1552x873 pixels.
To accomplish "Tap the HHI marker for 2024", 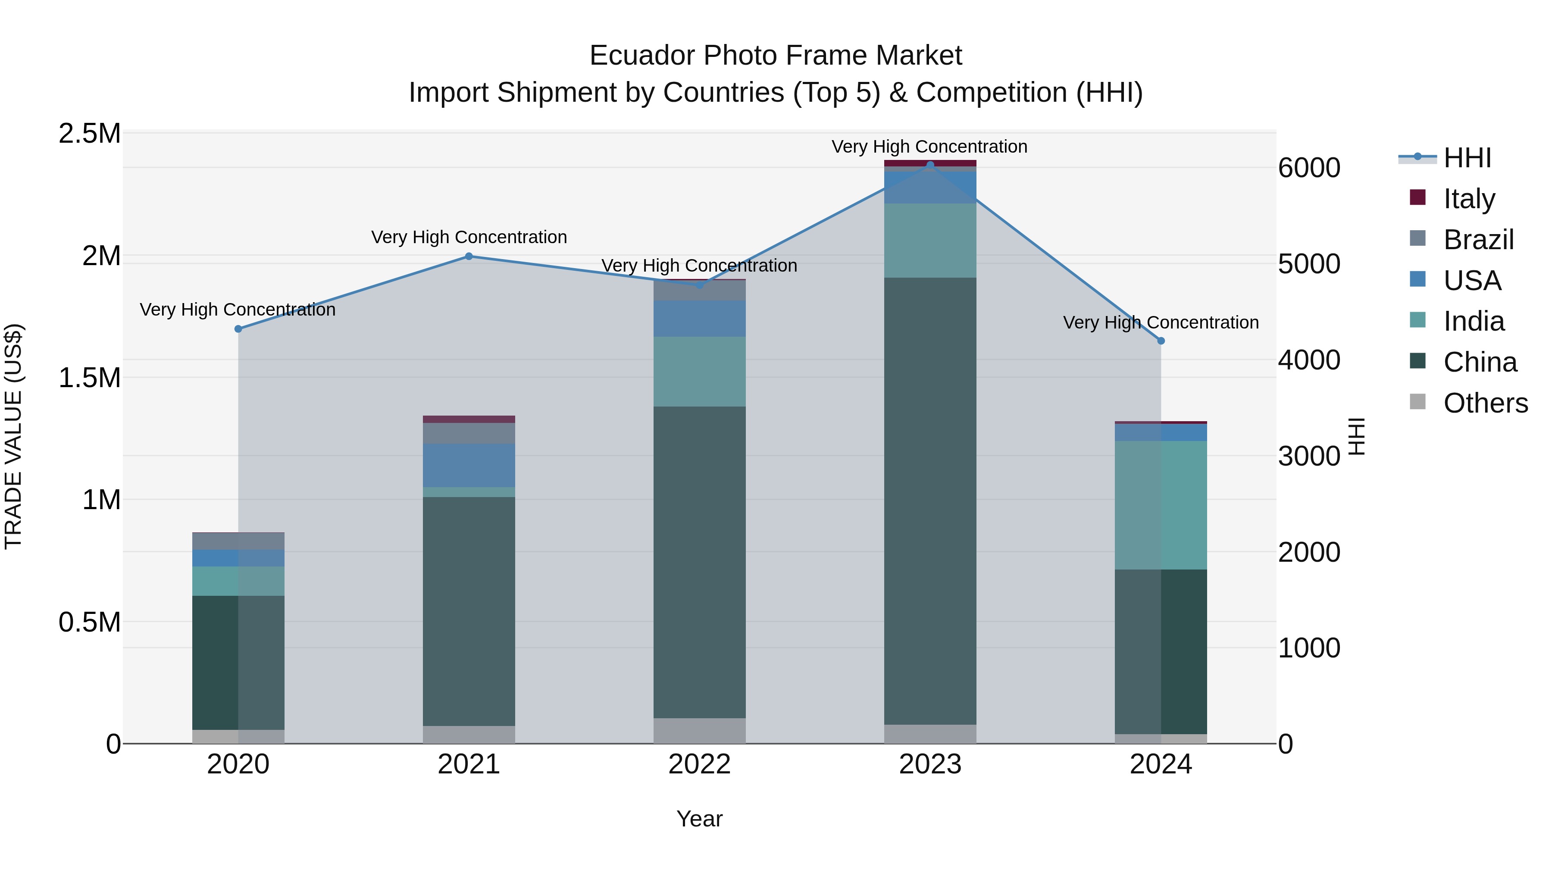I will tap(1161, 341).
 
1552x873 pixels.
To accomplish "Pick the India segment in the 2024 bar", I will tap(1161, 505).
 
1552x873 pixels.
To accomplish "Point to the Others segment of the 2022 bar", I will tap(700, 730).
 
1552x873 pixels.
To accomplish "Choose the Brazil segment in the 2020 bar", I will tap(238, 541).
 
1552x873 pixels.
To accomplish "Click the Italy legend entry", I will tap(1469, 198).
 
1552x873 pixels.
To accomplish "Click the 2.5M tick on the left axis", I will tap(89, 134).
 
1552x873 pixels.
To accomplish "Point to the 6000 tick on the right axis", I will tap(1309, 168).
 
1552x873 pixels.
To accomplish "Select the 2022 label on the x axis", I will tap(700, 764).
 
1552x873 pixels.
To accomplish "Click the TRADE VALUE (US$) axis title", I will tap(13, 436).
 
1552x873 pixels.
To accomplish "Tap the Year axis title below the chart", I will tap(700, 819).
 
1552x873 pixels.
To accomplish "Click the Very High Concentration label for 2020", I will tap(238, 310).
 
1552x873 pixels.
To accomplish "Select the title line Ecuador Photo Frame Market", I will tap(776, 56).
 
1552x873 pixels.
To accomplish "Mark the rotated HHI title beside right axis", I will tap(1356, 436).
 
